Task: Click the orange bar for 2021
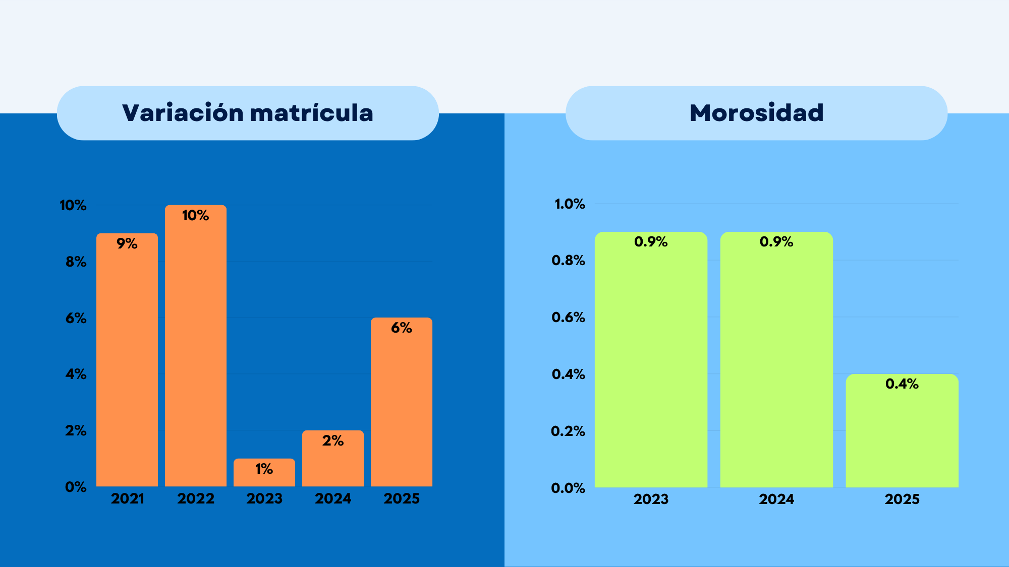(127, 360)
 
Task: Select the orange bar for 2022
(196, 346)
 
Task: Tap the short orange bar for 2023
(264, 473)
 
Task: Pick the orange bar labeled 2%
(333, 459)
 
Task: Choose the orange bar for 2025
(402, 402)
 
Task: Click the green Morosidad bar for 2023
(651, 360)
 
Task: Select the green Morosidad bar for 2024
(776, 360)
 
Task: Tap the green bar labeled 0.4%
(902, 431)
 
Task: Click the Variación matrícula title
(248, 112)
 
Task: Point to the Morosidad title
(757, 112)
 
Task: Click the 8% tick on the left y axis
(76, 262)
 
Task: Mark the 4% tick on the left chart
(76, 374)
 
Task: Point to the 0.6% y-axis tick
(568, 317)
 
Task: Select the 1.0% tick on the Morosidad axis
(570, 204)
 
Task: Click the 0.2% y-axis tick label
(568, 431)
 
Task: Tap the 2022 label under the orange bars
(196, 498)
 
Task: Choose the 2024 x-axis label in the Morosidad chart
(776, 499)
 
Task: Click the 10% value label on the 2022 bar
(195, 215)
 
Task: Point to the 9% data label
(127, 243)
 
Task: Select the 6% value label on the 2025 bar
(402, 328)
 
